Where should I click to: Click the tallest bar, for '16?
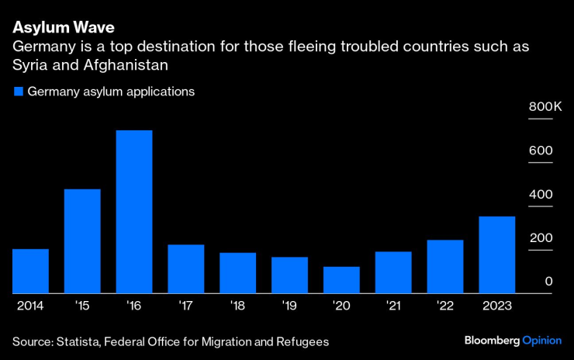tap(134, 212)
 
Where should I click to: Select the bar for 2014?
tap(30, 271)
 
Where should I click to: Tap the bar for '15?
tap(82, 241)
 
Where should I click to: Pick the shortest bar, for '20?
tap(341, 280)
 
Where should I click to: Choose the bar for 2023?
tap(496, 254)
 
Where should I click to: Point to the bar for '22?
tap(445, 266)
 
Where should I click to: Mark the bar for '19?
tap(289, 275)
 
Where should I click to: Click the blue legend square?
tap(18, 92)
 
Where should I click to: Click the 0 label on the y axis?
tap(548, 282)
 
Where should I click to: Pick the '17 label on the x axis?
tap(185, 306)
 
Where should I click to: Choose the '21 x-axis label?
tap(392, 306)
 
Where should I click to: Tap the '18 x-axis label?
tap(237, 306)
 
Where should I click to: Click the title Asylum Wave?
tap(63, 28)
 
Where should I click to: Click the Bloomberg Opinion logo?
tap(513, 341)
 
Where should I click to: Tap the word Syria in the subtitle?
tap(29, 64)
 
